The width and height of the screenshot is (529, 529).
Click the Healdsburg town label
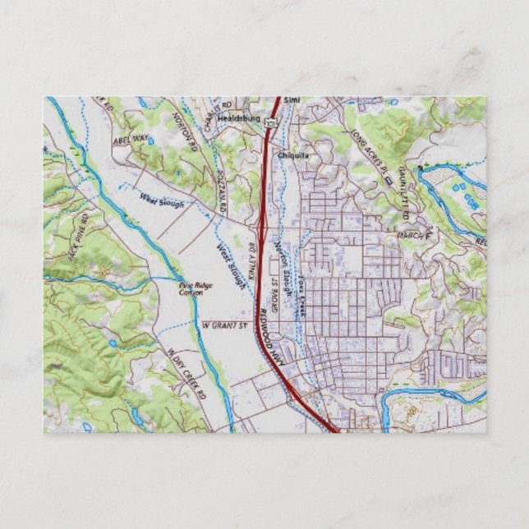click(238, 118)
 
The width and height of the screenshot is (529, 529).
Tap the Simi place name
click(292, 100)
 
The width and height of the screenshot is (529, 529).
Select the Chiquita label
click(293, 154)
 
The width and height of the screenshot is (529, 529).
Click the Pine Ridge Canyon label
click(191, 288)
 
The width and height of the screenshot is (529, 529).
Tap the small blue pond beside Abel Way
click(150, 140)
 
